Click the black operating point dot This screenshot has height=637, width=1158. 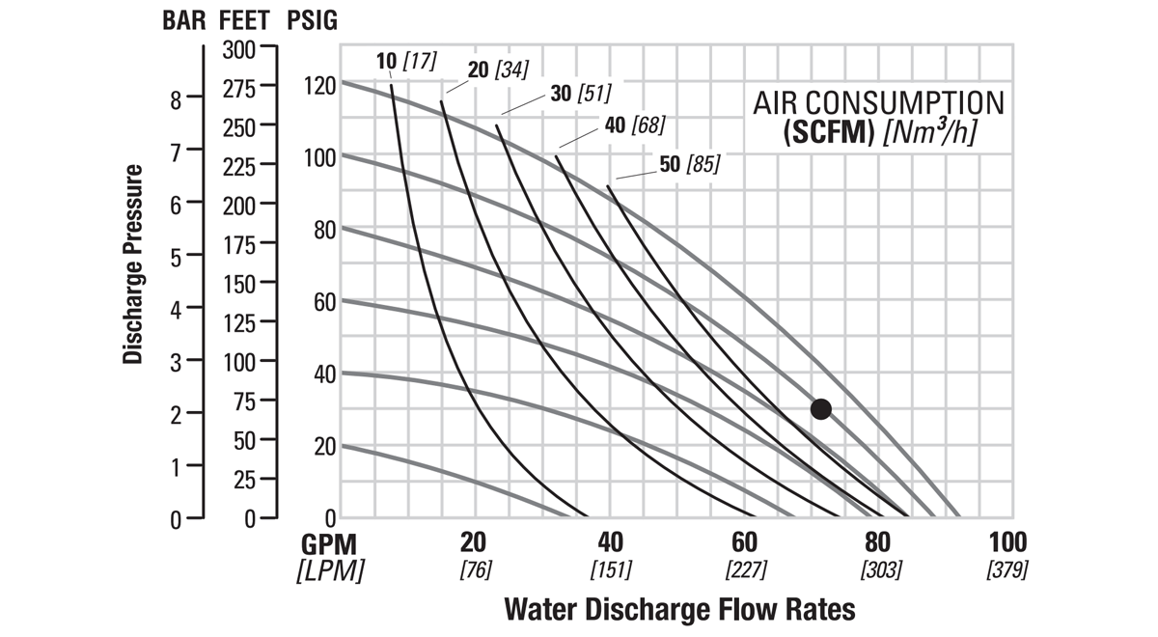click(820, 408)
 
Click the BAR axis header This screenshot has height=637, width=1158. click(183, 21)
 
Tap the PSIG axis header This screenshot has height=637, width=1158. click(313, 21)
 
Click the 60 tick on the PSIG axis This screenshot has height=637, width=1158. click(325, 301)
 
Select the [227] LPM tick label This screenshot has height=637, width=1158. click(746, 569)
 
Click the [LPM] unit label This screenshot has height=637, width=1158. click(330, 570)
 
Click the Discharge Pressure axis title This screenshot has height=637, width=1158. click(133, 263)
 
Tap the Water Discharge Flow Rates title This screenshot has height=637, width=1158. click(679, 610)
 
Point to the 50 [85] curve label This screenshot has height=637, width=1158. click(690, 164)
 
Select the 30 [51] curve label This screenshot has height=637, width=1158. click(579, 93)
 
